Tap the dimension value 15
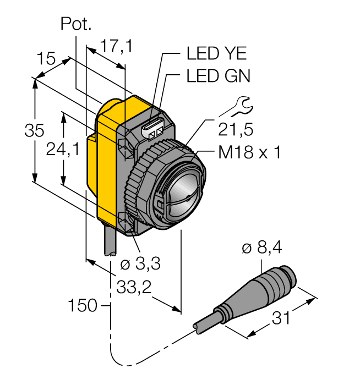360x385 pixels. [x=46, y=59]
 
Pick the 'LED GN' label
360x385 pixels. [x=217, y=76]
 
